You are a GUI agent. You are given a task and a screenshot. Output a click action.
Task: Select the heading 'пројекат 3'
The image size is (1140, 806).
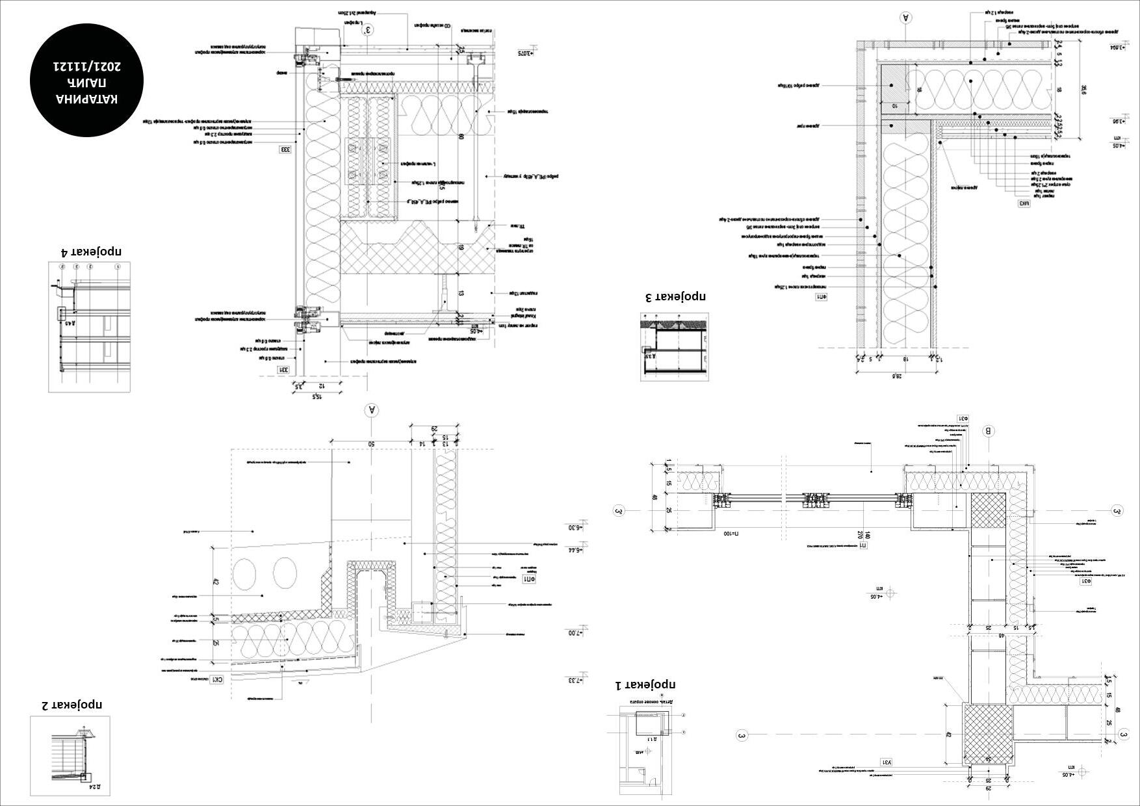click(x=675, y=297)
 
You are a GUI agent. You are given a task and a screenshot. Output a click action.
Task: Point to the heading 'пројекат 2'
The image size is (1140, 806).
click(x=72, y=705)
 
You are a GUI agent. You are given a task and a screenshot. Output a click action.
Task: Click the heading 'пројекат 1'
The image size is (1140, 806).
click(x=645, y=685)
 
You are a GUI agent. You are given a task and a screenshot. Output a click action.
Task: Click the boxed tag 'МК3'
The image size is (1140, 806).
click(x=1025, y=203)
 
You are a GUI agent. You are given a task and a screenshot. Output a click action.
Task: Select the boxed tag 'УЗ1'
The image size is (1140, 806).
click(x=887, y=761)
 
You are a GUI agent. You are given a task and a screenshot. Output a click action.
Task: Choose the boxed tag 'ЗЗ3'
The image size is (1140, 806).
click(x=285, y=149)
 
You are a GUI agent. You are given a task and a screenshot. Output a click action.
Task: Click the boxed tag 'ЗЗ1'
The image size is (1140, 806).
click(x=285, y=370)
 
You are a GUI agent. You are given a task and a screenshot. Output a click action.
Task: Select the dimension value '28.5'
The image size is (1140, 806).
click(x=898, y=376)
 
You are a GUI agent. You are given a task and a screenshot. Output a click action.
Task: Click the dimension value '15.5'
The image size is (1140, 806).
click(x=317, y=395)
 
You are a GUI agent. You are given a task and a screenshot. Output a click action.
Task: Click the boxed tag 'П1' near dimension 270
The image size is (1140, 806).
click(x=863, y=545)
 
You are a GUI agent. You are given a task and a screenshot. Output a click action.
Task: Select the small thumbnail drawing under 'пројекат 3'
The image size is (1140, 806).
click(x=675, y=346)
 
